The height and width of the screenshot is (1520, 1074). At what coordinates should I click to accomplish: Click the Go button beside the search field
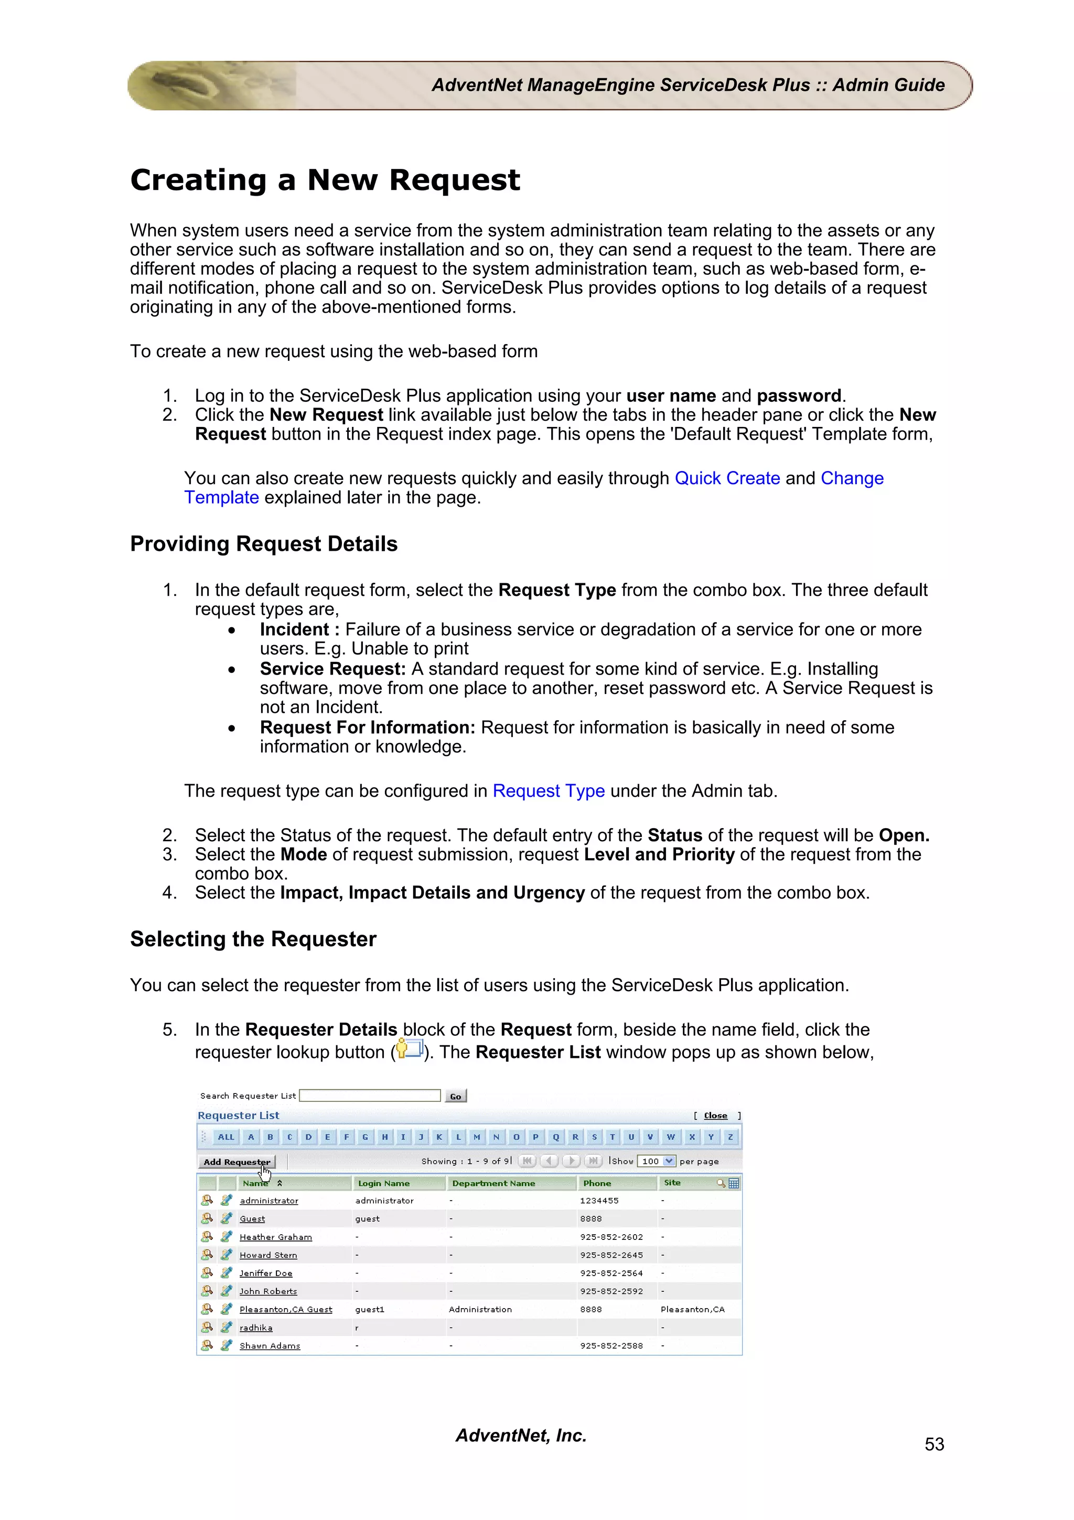point(455,1096)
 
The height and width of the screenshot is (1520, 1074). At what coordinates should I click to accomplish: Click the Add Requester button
point(236,1162)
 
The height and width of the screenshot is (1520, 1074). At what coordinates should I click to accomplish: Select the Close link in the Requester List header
point(715,1116)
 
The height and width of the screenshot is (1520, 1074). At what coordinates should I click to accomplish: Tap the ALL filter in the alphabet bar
point(225,1137)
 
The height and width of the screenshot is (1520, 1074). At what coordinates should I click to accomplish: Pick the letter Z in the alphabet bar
point(730,1137)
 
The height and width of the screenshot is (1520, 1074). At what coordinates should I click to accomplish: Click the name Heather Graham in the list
point(275,1237)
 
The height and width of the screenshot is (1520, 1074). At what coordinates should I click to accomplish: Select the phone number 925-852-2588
point(611,1346)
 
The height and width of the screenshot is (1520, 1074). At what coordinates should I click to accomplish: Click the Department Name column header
point(493,1183)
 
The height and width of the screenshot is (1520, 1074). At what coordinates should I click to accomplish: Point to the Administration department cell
point(480,1310)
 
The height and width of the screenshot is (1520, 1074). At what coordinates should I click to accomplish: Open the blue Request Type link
point(548,791)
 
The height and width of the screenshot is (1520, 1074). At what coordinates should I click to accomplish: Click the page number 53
point(933,1444)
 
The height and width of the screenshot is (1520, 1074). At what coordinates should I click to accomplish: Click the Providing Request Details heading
point(263,544)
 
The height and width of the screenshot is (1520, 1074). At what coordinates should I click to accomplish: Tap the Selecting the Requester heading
point(253,939)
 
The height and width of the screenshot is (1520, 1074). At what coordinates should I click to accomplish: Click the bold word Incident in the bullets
point(294,629)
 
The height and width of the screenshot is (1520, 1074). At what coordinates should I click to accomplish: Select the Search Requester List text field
point(370,1096)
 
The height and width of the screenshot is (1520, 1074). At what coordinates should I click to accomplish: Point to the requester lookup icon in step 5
point(409,1050)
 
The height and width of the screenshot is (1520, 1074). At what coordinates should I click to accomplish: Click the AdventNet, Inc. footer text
point(521,1435)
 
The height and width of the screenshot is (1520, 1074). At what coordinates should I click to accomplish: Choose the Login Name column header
point(383,1183)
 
